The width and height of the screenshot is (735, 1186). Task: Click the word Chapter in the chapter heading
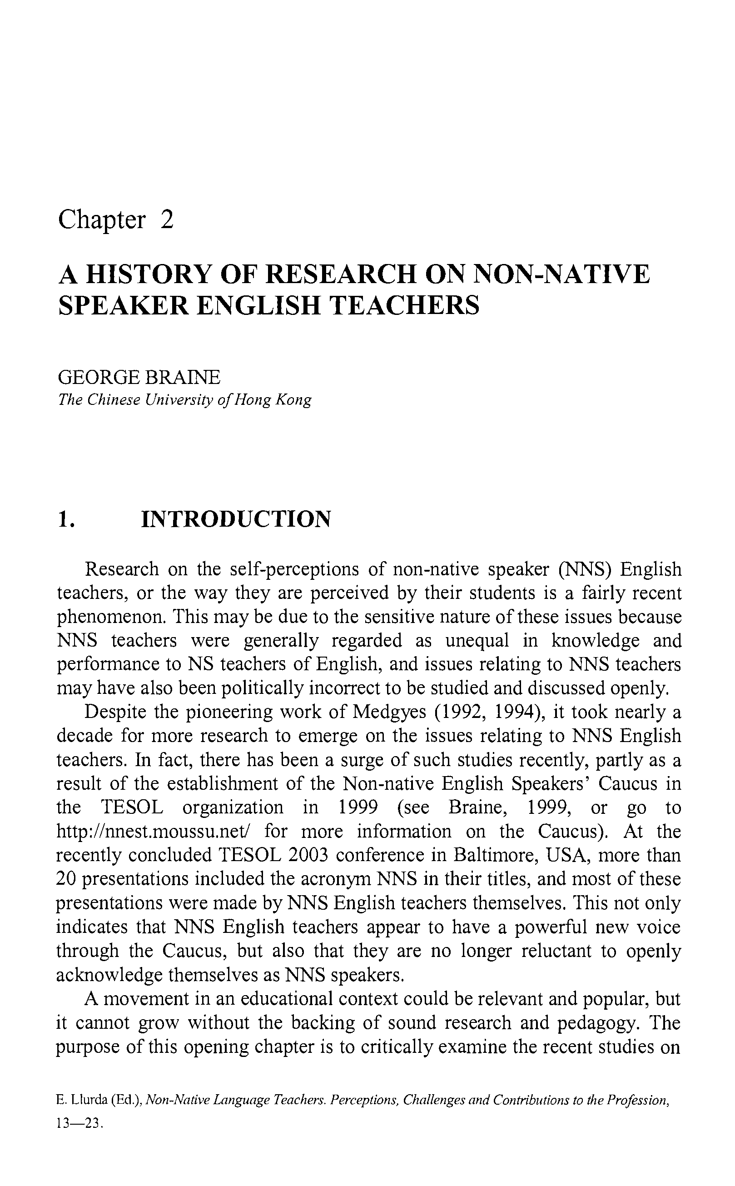(x=102, y=220)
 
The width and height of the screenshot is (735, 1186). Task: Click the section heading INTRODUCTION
(x=236, y=519)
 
